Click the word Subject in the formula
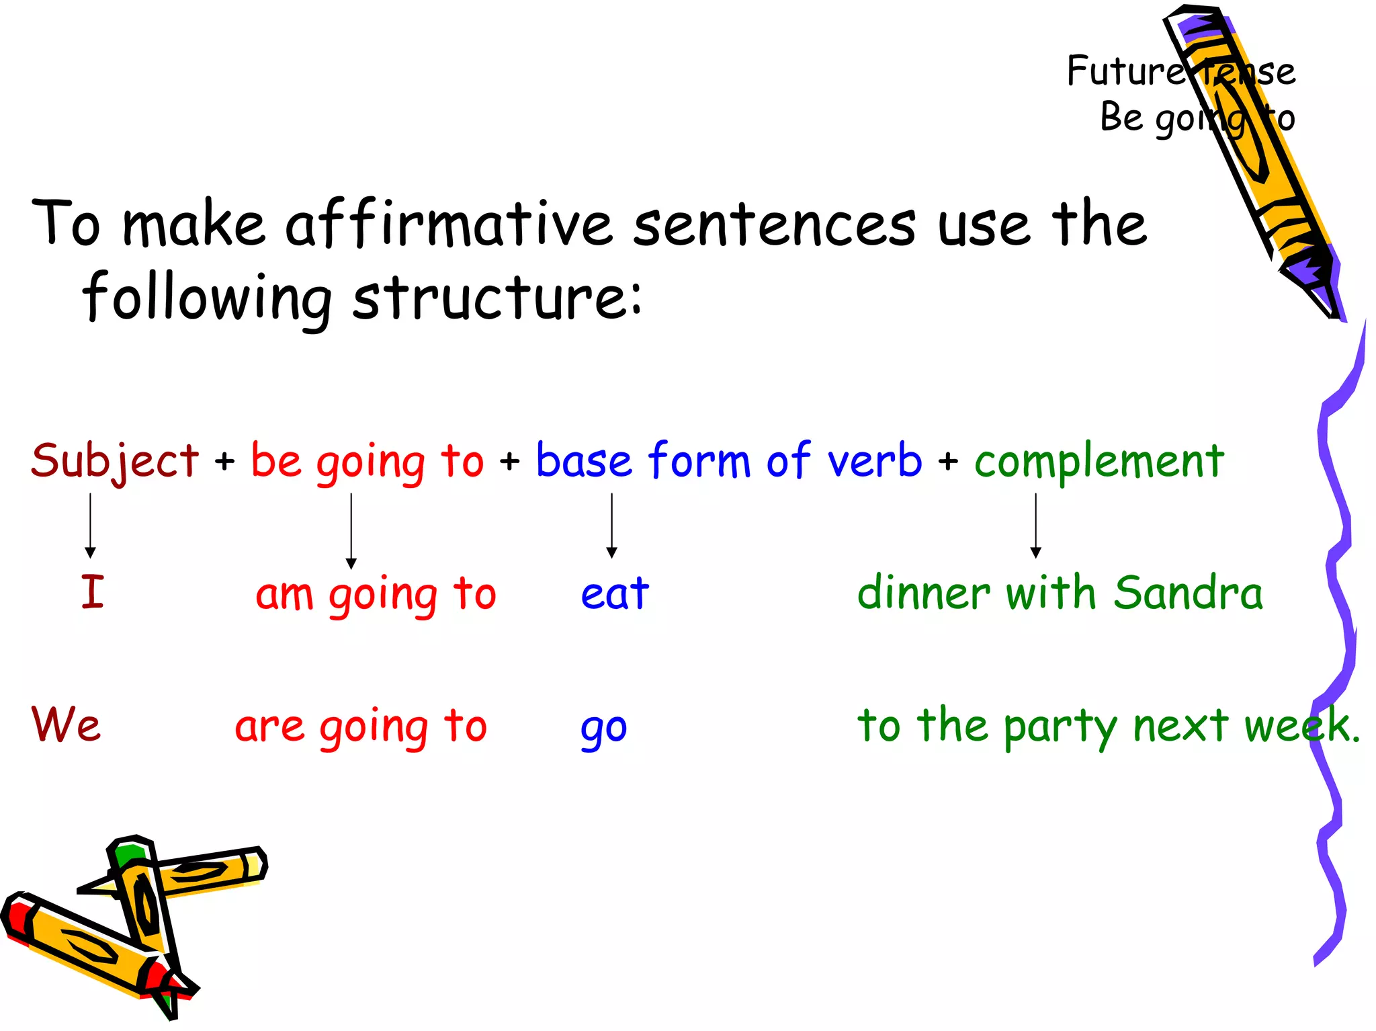pyautogui.click(x=115, y=461)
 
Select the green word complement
pyautogui.click(x=1099, y=462)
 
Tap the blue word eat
pyautogui.click(x=615, y=593)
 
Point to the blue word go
pyautogui.click(x=603, y=729)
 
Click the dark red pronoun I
pyautogui.click(x=93, y=592)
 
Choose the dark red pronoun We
pyautogui.click(x=66, y=725)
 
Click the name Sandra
pyautogui.click(x=1188, y=593)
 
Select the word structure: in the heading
pyautogui.click(x=497, y=298)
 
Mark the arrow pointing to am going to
pyautogui.click(x=351, y=531)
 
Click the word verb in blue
pyautogui.click(x=874, y=461)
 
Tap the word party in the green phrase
pyautogui.click(x=1060, y=727)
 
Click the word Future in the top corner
pyautogui.click(x=1125, y=71)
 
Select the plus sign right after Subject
pyautogui.click(x=225, y=462)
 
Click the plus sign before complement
pyautogui.click(x=948, y=462)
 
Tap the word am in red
pyautogui.click(x=284, y=595)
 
